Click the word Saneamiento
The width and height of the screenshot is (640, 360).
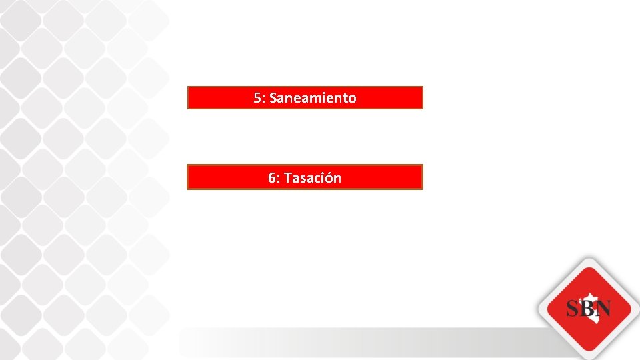tap(313, 98)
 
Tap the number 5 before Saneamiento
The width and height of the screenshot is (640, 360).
tap(257, 98)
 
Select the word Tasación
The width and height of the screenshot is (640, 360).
tap(313, 178)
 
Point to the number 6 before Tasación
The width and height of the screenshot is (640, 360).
tap(272, 178)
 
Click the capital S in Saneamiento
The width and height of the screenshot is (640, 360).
tap(273, 98)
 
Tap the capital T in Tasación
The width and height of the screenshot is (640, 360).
tap(288, 178)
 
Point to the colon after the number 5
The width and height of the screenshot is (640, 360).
tap(263, 99)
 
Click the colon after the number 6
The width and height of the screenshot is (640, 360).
tap(279, 179)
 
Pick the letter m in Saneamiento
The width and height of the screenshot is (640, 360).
tap(312, 99)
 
